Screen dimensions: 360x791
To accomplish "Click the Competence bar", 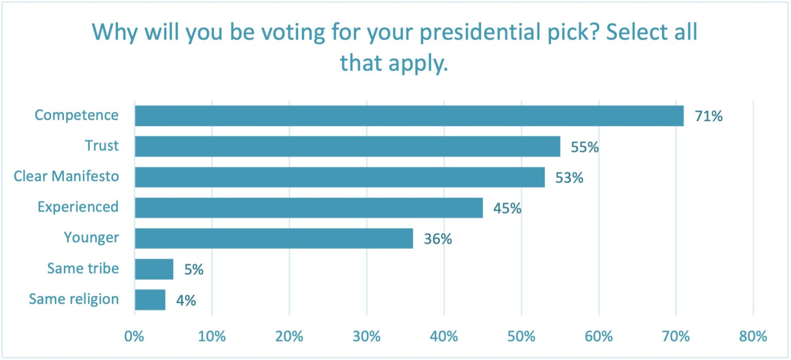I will click(409, 116).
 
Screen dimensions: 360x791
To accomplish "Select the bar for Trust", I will click(348, 146).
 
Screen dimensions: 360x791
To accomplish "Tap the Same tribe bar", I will click(154, 269).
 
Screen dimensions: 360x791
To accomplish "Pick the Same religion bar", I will click(150, 300).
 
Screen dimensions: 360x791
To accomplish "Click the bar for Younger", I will click(274, 239).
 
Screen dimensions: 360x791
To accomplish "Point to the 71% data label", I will click(708, 116).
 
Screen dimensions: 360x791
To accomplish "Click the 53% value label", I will click(569, 178).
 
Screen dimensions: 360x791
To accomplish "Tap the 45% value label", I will click(507, 209).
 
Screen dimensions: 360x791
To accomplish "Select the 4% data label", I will click(186, 300).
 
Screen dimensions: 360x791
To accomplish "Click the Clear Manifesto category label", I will click(66, 176).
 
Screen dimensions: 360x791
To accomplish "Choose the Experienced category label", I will click(78, 207).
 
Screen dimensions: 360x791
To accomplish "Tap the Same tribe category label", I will click(83, 268).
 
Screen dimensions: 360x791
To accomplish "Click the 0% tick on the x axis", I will click(134, 336).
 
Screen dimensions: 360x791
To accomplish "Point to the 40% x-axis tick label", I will click(444, 336).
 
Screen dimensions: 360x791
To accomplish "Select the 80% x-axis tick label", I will click(753, 336).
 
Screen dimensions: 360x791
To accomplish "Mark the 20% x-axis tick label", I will click(289, 336).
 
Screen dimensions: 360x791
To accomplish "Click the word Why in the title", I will click(115, 32).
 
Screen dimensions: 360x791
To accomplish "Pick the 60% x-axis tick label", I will click(598, 336).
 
